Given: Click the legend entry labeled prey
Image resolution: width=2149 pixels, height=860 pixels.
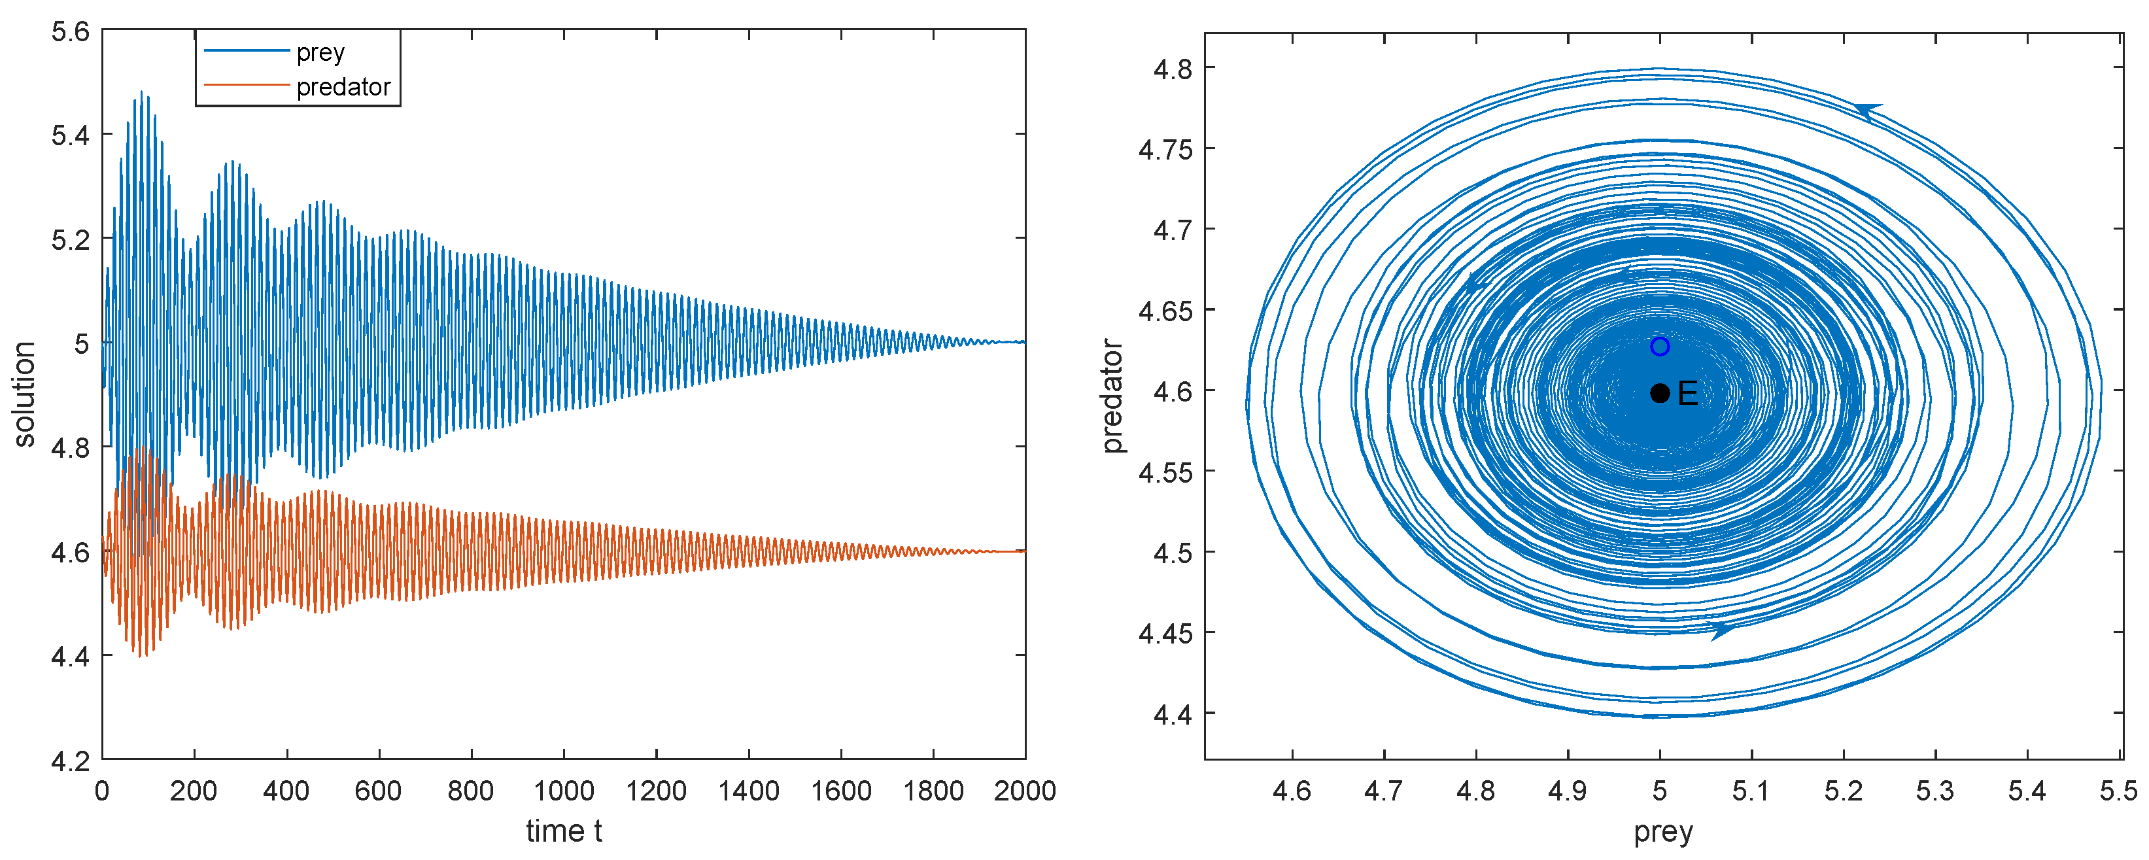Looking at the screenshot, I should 320,52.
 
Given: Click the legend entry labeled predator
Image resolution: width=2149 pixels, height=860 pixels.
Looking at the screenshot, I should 343,87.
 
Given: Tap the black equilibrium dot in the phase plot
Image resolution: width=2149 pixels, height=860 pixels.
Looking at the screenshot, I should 1659,393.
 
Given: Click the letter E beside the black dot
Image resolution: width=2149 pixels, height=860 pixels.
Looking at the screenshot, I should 1688,394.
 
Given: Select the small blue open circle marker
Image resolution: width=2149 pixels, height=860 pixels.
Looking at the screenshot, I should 1659,346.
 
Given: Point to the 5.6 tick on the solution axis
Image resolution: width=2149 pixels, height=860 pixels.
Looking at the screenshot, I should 70,31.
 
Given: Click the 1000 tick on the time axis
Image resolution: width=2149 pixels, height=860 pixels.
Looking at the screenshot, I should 564,791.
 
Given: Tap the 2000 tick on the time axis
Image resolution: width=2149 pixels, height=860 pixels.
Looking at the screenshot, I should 1024,791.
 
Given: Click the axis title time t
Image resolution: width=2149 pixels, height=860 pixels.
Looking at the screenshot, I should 564,831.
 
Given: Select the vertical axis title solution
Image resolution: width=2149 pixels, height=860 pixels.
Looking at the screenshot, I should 24,394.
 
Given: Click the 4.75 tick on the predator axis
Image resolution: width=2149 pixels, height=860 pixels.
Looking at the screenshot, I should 1165,149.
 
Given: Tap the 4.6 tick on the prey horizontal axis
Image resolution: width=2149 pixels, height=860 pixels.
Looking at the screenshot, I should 1292,791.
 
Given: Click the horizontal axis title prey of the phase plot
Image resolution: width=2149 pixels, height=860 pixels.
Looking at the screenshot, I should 1662,832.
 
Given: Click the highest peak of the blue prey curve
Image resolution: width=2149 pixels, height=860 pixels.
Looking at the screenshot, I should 142,92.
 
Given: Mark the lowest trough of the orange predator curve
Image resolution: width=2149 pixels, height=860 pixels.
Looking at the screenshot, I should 142,656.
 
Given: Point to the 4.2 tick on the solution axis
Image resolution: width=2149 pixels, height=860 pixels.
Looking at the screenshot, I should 70,761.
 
